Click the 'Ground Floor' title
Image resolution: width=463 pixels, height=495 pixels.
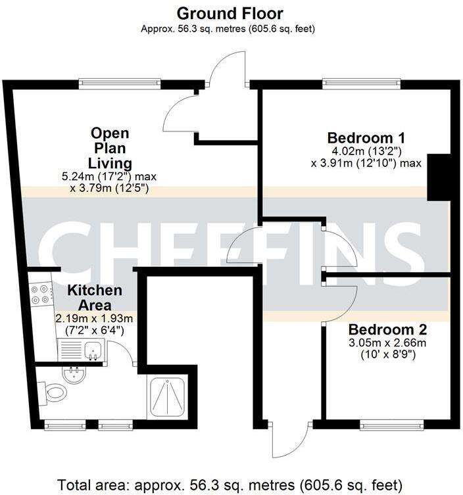(230, 13)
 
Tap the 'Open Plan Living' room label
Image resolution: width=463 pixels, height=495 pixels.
(111, 147)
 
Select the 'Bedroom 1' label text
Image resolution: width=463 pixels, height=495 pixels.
(366, 138)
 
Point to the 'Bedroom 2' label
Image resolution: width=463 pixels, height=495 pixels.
(387, 329)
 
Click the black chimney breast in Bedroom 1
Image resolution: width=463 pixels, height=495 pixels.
(438, 177)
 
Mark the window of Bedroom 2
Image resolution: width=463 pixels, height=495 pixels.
(391, 425)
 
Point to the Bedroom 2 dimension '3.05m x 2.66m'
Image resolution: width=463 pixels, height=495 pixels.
(387, 342)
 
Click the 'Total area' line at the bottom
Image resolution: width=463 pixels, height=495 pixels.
(230, 485)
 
